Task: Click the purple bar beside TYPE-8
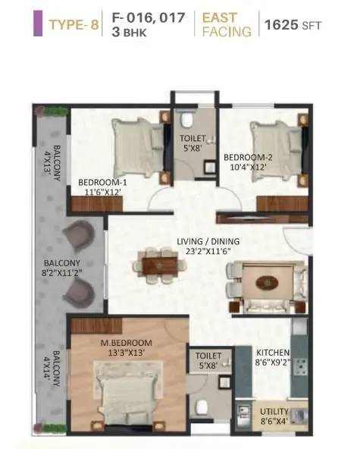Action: coord(38,24)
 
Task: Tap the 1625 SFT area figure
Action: coord(293,25)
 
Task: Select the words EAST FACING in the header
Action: coord(227,24)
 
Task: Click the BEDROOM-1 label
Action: coord(102,182)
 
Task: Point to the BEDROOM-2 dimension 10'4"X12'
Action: coord(248,167)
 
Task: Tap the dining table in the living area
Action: coord(160,266)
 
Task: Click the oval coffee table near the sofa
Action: coord(267,283)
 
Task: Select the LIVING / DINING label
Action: coord(208,241)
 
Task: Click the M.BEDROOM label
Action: coord(127,343)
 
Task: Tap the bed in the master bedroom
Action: coord(127,398)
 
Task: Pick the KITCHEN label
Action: coord(273,352)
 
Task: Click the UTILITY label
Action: coord(274,412)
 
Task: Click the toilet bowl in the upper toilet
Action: coord(187,119)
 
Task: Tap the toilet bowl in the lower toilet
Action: coord(202,407)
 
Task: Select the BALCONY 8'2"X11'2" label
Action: coord(62,268)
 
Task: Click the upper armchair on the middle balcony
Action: coord(79,236)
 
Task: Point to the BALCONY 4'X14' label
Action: coord(52,369)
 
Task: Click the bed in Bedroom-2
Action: coord(276,151)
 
